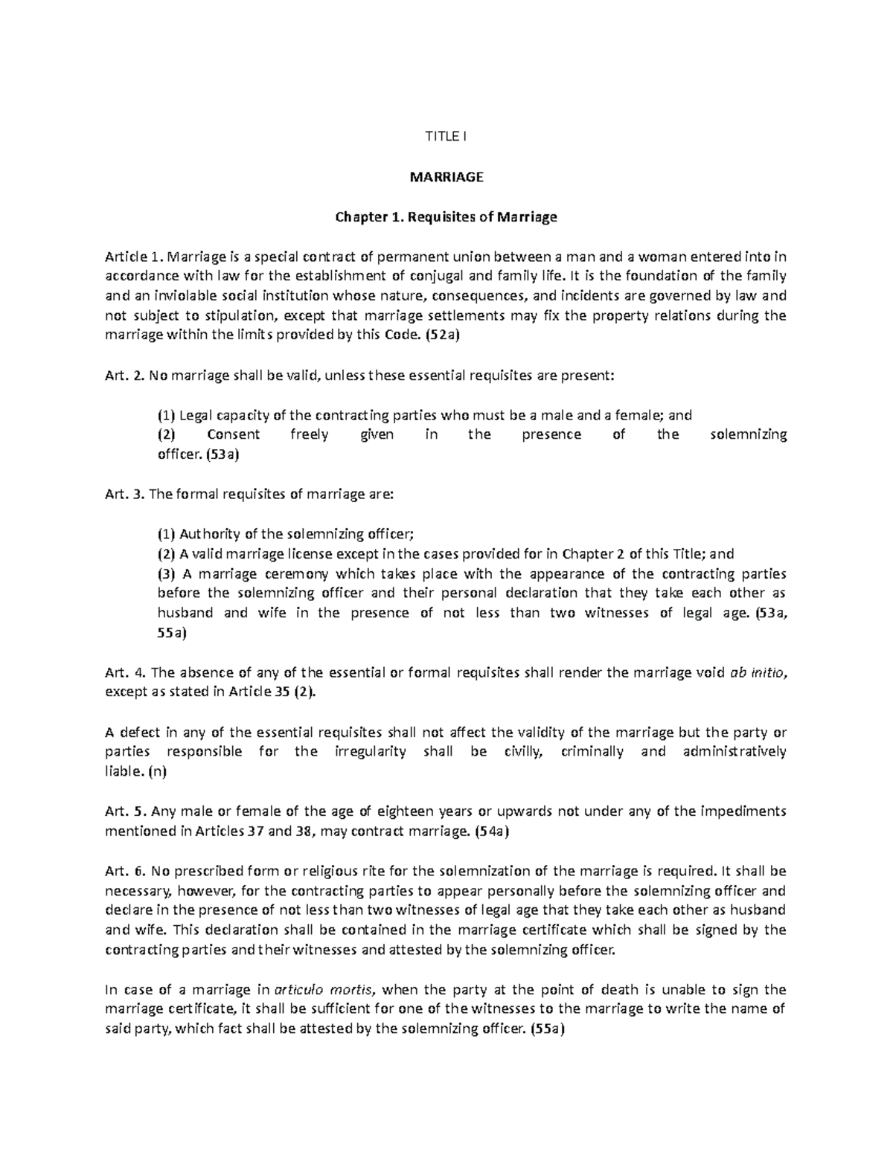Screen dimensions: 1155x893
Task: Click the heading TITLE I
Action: click(x=446, y=136)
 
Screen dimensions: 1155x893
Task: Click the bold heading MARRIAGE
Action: click(x=446, y=177)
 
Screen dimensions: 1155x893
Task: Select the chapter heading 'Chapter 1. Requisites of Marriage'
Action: click(x=446, y=217)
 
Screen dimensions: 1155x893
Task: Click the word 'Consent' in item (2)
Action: click(x=233, y=435)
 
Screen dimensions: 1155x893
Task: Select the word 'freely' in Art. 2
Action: click(x=309, y=435)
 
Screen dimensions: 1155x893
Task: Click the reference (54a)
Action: click(x=491, y=831)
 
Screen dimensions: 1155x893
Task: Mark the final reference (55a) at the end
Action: click(x=547, y=1030)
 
